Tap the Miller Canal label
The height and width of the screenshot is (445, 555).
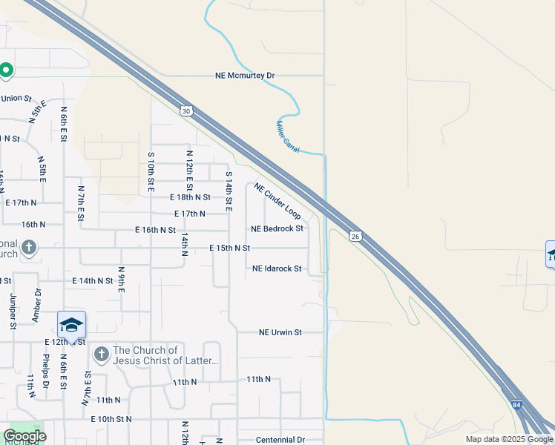(288, 137)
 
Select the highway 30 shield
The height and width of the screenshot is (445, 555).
(185, 111)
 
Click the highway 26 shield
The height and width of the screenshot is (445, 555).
(355, 235)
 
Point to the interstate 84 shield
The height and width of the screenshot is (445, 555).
(517, 406)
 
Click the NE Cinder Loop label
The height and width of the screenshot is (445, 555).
(277, 201)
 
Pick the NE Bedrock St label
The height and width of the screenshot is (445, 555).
(277, 229)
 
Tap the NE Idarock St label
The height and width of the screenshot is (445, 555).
(277, 268)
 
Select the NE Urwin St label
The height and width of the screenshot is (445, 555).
(280, 333)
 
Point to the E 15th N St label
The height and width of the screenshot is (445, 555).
(229, 248)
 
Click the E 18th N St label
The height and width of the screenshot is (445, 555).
(191, 197)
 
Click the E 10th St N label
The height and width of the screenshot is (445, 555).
(111, 419)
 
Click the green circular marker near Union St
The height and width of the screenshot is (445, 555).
(6, 70)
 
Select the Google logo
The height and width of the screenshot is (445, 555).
(24, 436)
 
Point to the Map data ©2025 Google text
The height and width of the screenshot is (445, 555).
(508, 439)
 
